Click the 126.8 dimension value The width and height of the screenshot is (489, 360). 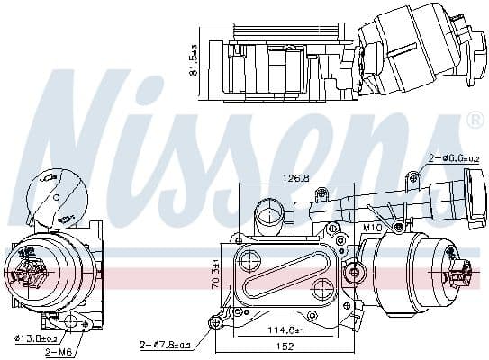(x=293, y=178)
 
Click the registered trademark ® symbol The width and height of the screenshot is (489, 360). (x=474, y=119)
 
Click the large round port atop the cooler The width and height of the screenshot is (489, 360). (x=267, y=215)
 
